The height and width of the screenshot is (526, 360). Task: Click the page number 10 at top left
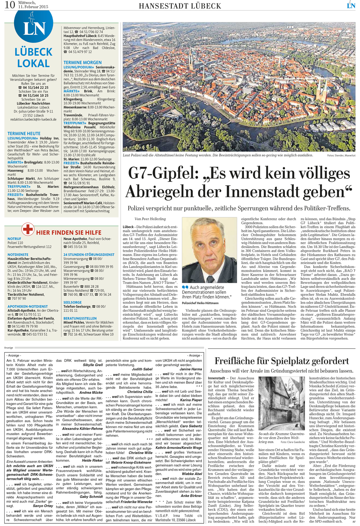click(x=9, y=5)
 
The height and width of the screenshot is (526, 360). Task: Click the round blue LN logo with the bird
click(x=34, y=26)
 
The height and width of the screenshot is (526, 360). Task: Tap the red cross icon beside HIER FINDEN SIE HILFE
click(x=28, y=229)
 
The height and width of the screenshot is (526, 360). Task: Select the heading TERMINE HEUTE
click(x=24, y=134)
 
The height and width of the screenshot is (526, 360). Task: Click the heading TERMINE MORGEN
click(x=82, y=62)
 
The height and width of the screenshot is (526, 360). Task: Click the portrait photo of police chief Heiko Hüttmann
click(x=209, y=250)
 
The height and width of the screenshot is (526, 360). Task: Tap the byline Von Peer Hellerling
click(x=150, y=219)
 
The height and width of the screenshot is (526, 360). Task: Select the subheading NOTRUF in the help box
click(x=14, y=239)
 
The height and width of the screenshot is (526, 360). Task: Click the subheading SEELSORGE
click(x=72, y=302)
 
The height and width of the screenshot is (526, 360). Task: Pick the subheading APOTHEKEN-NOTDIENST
click(x=28, y=306)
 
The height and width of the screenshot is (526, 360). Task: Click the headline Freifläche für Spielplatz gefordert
click(x=281, y=361)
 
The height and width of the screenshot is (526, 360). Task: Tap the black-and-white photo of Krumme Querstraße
click(x=281, y=403)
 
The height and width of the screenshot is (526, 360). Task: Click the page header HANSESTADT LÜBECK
click(x=180, y=6)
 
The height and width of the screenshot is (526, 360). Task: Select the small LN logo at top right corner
click(x=351, y=5)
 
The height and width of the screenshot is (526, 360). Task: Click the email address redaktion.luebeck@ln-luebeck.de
click(x=33, y=120)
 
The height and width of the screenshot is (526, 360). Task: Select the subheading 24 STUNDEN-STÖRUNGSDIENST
click(x=89, y=255)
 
